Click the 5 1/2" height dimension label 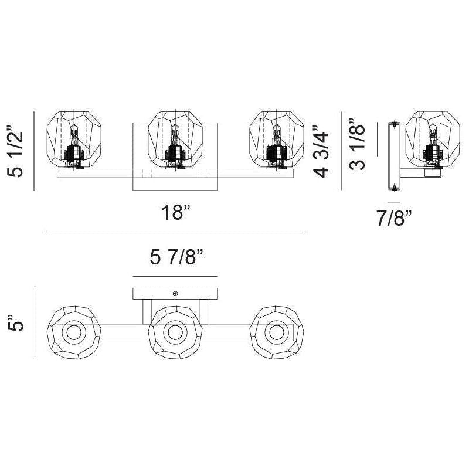[x=15, y=151]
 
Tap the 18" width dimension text [x=176, y=212]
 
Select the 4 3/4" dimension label [x=321, y=152]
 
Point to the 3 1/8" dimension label [x=357, y=144]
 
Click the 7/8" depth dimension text [x=394, y=218]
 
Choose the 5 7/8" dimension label [x=176, y=257]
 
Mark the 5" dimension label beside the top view [x=16, y=323]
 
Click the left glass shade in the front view [x=74, y=139]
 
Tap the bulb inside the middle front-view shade [x=175, y=135]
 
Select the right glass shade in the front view [x=277, y=139]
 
